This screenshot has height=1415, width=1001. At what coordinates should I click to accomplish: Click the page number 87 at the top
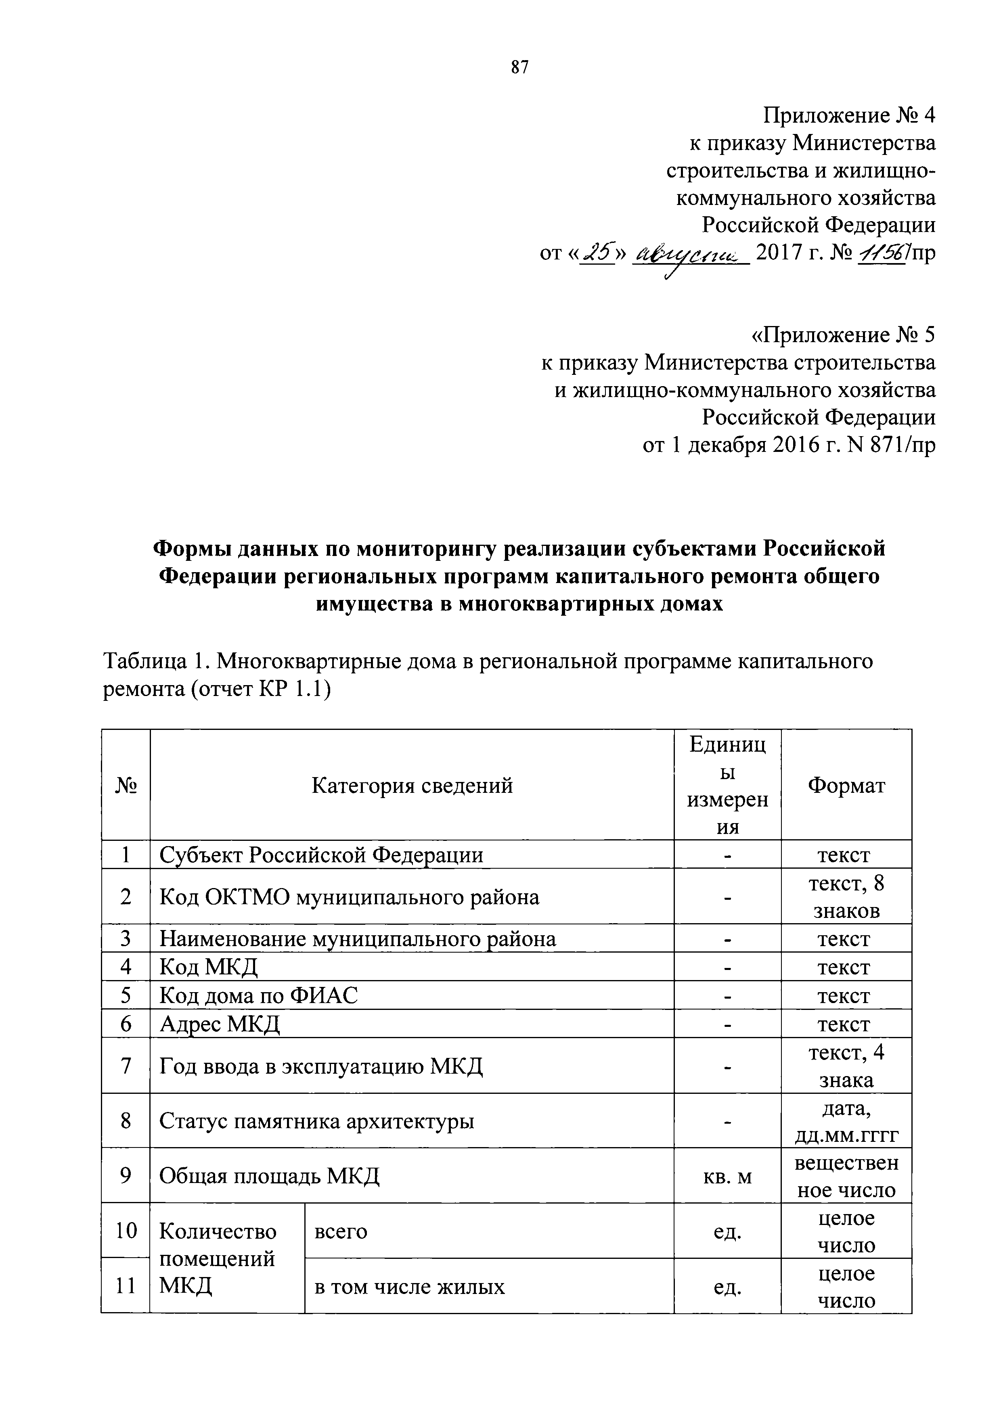click(519, 67)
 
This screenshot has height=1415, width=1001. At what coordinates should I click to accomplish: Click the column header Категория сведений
click(412, 786)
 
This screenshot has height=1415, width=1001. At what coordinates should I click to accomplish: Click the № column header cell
click(126, 786)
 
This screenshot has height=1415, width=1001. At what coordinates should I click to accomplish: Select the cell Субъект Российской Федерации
click(321, 855)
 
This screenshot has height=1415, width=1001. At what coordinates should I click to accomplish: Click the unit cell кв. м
click(727, 1177)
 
